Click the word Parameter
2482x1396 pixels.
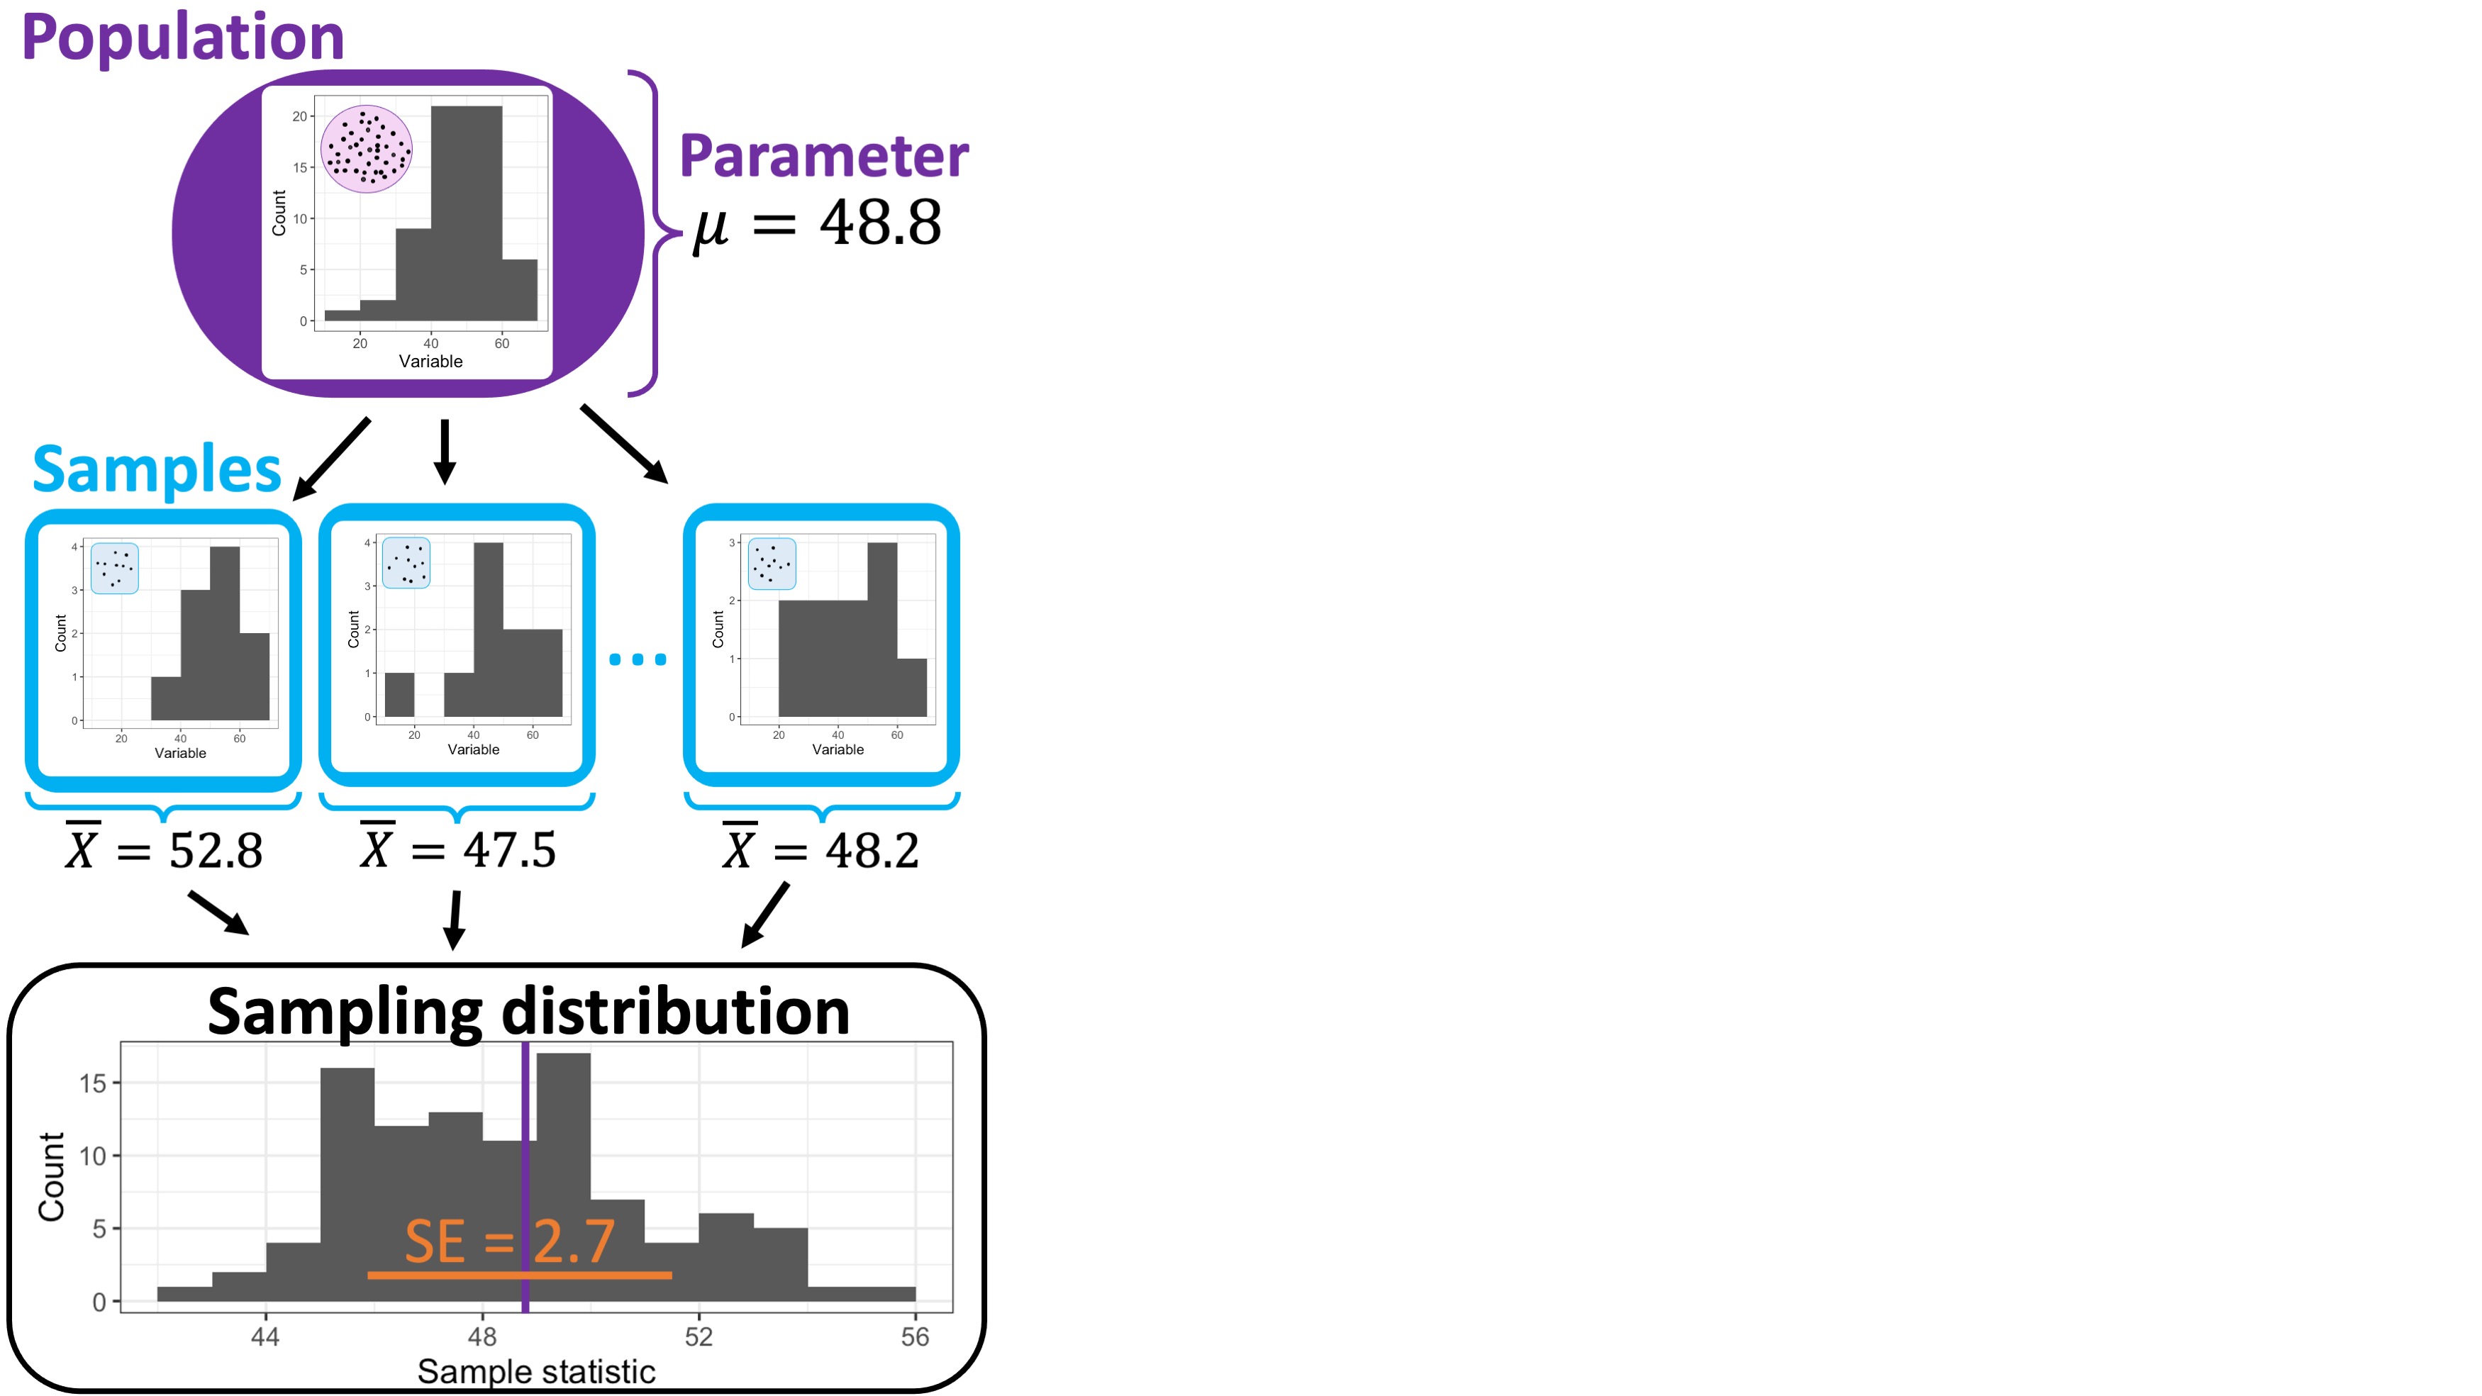824,156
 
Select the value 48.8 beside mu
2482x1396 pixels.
879,223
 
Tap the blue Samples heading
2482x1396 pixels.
156,470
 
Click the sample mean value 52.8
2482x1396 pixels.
215,851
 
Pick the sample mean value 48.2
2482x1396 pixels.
872,851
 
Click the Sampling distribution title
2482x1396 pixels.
528,1012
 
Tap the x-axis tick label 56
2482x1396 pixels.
914,1336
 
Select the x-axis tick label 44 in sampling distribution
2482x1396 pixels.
265,1336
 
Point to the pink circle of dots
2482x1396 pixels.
366,150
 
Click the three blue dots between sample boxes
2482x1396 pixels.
637,659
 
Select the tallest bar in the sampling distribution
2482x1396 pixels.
564,1176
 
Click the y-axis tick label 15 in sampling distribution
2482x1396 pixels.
92,1083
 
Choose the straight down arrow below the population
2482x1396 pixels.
444,451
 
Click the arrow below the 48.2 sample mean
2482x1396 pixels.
765,915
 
